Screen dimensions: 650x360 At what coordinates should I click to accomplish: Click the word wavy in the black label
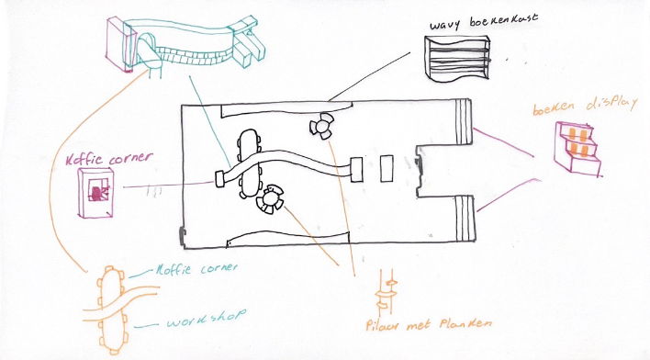[x=447, y=22]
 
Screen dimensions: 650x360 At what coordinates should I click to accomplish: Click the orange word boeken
[x=554, y=109]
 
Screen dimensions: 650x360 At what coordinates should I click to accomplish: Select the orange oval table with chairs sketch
[x=115, y=308]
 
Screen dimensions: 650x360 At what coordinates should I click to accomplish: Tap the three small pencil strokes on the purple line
[x=156, y=191]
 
